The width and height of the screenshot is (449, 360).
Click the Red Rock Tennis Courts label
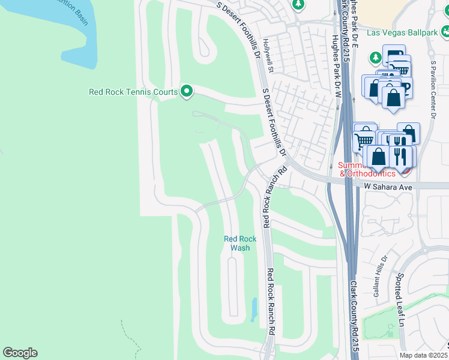133,92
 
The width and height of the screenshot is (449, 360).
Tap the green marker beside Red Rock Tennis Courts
187,92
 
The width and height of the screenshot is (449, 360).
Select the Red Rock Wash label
240,243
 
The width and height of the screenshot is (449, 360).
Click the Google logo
20,353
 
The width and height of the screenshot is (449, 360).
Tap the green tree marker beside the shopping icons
376,58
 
